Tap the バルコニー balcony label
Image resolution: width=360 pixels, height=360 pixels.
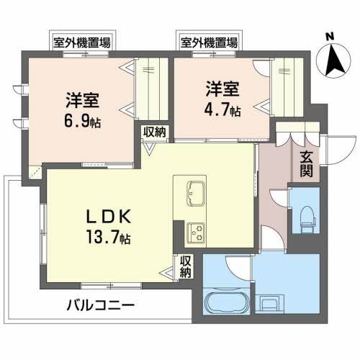pos(100,305)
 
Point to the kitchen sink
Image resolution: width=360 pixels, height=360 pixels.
pos(195,193)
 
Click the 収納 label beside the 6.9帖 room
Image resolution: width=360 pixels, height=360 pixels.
pos(154,132)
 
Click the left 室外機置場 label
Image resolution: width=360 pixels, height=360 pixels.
pos(81,42)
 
